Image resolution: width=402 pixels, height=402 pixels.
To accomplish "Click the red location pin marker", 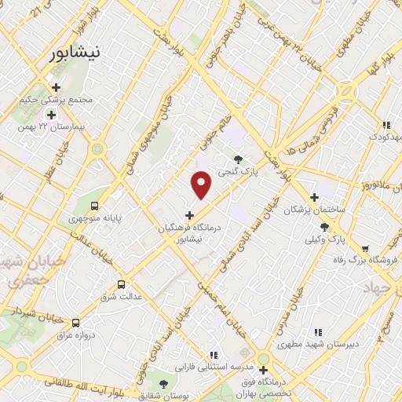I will coord(202,185).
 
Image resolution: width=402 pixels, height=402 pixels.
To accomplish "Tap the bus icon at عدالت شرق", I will coord(121,285).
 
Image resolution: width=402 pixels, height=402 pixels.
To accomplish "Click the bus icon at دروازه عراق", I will coord(75,323).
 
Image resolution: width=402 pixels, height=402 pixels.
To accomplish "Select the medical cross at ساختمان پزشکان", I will coord(315,198).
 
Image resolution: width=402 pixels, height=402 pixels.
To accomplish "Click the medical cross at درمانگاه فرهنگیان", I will coord(189,214).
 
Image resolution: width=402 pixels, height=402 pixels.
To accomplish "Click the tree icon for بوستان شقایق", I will coord(163,383).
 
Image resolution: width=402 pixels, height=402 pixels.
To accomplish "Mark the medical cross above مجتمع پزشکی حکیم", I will coord(55,87).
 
